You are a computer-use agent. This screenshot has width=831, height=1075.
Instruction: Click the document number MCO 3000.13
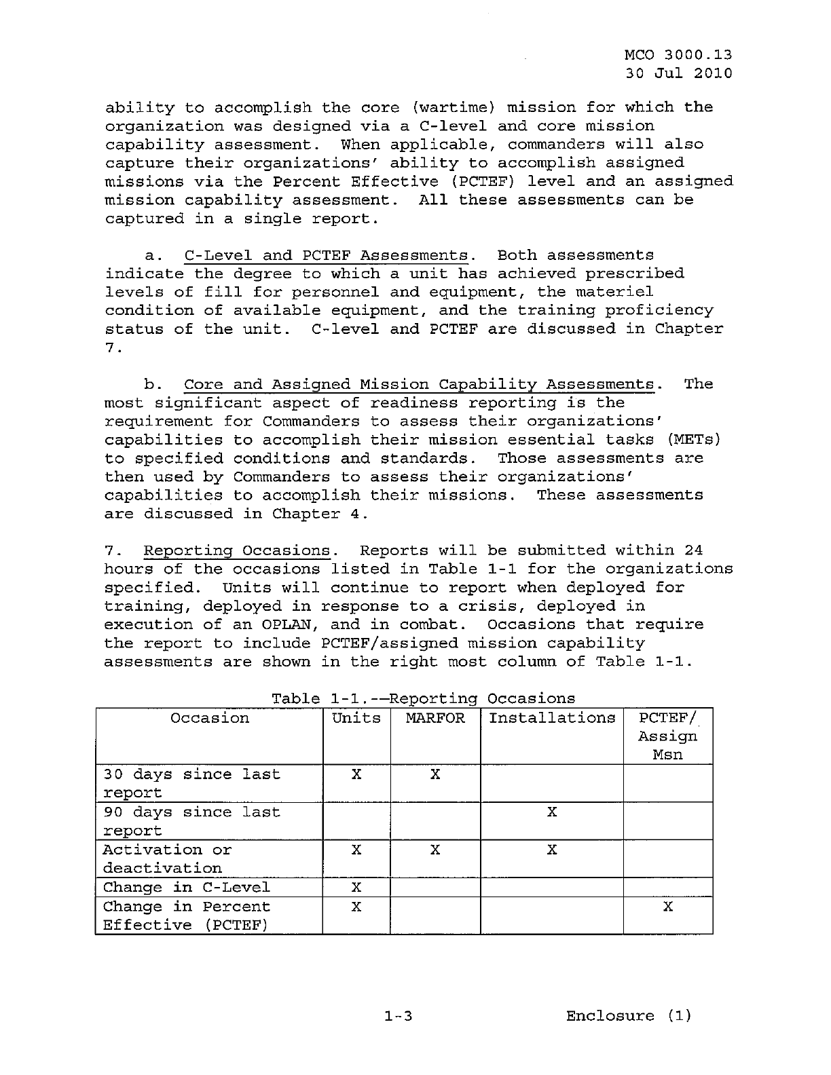click(x=678, y=55)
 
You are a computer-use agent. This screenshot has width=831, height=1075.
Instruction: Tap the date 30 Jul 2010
click(x=678, y=73)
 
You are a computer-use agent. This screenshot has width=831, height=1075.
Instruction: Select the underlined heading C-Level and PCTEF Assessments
click(x=326, y=256)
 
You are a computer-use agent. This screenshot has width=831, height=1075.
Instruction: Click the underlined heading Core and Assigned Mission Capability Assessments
click(x=420, y=385)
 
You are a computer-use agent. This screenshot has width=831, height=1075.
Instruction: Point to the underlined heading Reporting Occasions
click(x=236, y=551)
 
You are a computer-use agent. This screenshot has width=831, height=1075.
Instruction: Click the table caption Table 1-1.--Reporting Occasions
click(x=423, y=698)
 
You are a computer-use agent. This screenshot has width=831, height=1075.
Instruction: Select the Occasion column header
click(x=210, y=718)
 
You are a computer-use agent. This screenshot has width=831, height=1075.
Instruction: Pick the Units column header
click(x=356, y=718)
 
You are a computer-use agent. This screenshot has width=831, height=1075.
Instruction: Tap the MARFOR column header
click(x=435, y=718)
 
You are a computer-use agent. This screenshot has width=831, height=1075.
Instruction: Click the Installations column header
click(x=552, y=718)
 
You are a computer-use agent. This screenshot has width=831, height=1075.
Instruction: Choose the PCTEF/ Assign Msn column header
click(x=667, y=736)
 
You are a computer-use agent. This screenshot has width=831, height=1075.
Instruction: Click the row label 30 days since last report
click(x=191, y=783)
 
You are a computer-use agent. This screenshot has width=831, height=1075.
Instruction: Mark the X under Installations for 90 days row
click(x=552, y=812)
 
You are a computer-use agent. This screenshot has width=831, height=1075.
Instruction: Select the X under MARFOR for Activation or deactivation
click(x=435, y=850)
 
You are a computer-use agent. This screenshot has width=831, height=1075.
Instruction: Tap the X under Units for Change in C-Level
click(x=356, y=888)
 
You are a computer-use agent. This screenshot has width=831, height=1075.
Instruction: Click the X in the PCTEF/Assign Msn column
click(x=668, y=907)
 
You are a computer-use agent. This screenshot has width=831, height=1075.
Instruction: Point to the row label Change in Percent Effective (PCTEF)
click(x=186, y=916)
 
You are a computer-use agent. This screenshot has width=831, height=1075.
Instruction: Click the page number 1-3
click(x=398, y=1016)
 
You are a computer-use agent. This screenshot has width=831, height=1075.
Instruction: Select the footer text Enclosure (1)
click(x=629, y=1016)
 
